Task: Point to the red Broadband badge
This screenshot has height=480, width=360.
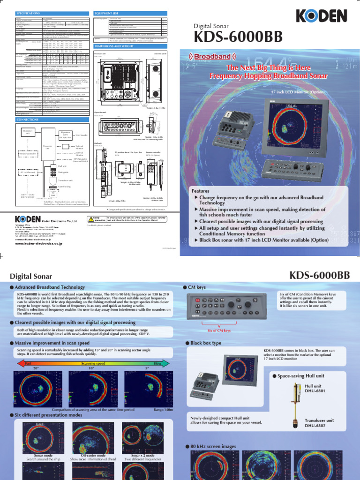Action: (x=212, y=57)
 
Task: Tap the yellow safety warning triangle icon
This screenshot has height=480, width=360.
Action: (x=90, y=218)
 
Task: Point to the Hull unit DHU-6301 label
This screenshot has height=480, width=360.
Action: (x=313, y=389)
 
